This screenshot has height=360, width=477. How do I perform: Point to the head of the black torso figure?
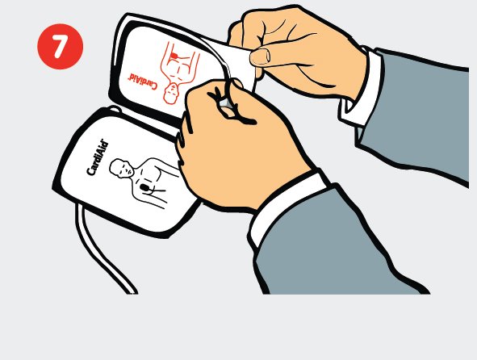click(x=122, y=168)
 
